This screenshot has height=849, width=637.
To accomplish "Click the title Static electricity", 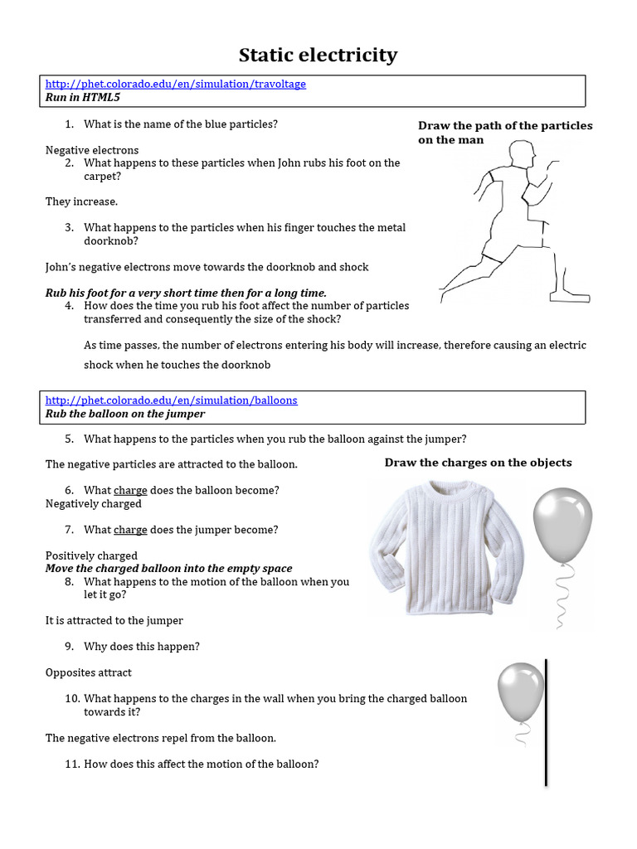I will pyautogui.click(x=318, y=56).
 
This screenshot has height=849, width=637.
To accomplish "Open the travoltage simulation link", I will pyautogui.click(x=175, y=84).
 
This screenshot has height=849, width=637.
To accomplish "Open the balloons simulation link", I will pyautogui.click(x=171, y=400).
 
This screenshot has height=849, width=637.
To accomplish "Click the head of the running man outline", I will pyautogui.click(x=522, y=155).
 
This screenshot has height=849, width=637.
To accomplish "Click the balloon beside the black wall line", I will pyautogui.click(x=520, y=688).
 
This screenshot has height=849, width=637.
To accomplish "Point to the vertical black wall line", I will pyautogui.click(x=546, y=721).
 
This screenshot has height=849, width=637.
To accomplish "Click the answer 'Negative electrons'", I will pyautogui.click(x=92, y=150).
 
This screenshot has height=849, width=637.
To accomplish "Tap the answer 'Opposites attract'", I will pyautogui.click(x=89, y=672).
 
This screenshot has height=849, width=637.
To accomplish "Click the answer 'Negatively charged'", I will pyautogui.click(x=94, y=503).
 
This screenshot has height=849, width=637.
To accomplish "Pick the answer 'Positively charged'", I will pyautogui.click(x=91, y=555).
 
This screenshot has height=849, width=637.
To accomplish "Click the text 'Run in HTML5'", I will pyautogui.click(x=83, y=97).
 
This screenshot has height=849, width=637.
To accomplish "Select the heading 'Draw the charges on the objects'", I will pyautogui.click(x=478, y=463).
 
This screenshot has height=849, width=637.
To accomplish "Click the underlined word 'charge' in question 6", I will pyautogui.click(x=130, y=490).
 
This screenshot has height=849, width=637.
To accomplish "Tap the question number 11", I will pyautogui.click(x=71, y=764).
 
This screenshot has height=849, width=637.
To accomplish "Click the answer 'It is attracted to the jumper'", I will pyautogui.click(x=114, y=620).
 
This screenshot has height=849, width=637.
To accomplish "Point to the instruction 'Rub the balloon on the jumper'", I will pyautogui.click(x=124, y=413).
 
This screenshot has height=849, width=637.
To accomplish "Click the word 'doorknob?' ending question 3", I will pyautogui.click(x=111, y=240).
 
